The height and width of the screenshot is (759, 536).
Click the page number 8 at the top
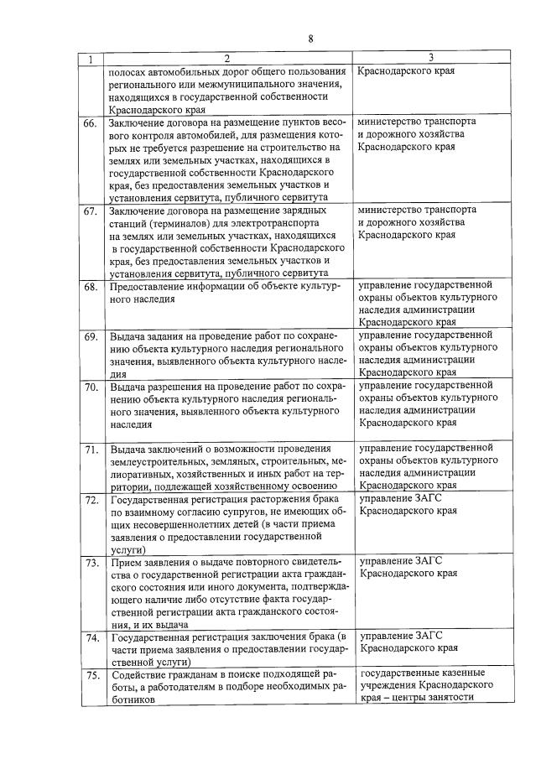310,39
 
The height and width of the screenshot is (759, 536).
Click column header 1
91,60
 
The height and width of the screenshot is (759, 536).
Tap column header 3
429,59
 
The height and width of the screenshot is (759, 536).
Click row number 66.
91,124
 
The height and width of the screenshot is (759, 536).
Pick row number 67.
91,211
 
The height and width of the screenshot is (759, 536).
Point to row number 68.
91,288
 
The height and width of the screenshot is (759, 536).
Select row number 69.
91,337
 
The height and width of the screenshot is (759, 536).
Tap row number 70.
91,387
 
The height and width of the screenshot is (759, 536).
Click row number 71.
91,450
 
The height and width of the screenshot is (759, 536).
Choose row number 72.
91,501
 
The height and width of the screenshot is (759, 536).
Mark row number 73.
91,563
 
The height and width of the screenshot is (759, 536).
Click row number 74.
91,638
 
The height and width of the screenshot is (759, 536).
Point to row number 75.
91,675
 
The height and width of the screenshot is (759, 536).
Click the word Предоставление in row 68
151,287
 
